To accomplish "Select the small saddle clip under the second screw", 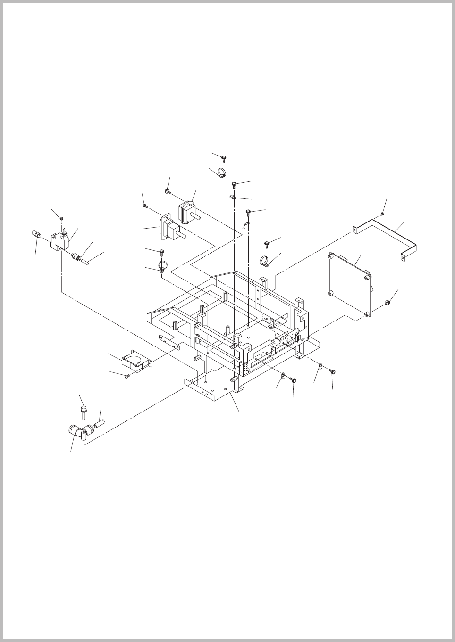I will tap(233, 198).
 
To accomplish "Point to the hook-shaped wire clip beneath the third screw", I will tap(245, 224).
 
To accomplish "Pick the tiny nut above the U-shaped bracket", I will tap(382, 214).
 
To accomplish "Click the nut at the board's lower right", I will tap(387, 302).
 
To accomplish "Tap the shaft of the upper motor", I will tap(198, 218).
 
